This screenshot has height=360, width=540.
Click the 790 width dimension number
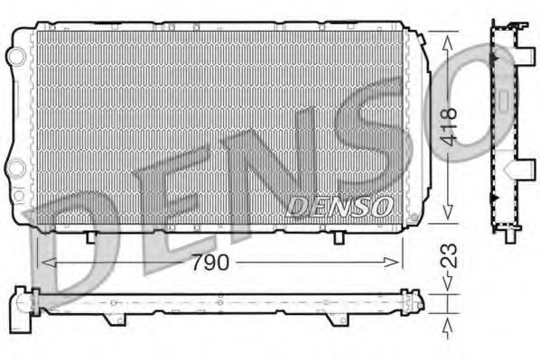point(218,263)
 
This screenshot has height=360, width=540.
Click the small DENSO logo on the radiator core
point(340,207)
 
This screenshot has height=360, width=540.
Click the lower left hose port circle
point(15,169)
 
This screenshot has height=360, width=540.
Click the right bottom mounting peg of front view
point(339,236)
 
